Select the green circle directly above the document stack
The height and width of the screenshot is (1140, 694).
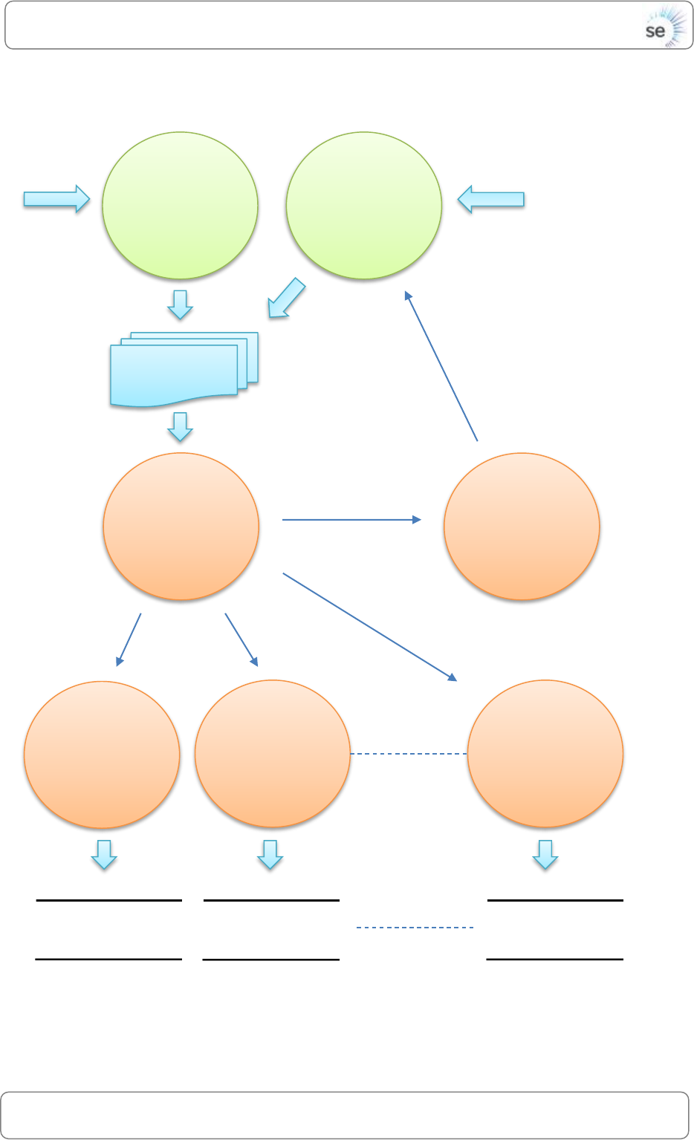tap(180, 206)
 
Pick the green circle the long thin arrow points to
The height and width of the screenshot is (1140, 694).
tap(364, 206)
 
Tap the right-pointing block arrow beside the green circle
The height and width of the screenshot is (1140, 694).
tap(56, 199)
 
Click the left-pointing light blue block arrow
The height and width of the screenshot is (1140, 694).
tap(490, 199)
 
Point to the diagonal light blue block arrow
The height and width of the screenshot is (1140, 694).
tap(286, 299)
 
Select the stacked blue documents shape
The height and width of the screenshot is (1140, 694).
tap(183, 369)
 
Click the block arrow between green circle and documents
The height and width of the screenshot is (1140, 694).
tap(180, 304)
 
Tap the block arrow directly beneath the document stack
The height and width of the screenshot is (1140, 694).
tap(180, 426)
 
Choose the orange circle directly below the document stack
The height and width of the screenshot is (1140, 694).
tap(181, 527)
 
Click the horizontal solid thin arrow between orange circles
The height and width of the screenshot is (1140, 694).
tap(351, 520)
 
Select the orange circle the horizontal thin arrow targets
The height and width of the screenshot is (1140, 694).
tap(522, 527)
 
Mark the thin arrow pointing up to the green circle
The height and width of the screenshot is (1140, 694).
tap(441, 366)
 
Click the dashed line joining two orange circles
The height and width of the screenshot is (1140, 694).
tap(409, 754)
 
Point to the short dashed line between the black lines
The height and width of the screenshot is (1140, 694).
tap(415, 928)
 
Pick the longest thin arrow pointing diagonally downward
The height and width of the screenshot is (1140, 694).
tap(369, 627)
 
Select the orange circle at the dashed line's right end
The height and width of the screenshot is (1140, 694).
tap(545, 754)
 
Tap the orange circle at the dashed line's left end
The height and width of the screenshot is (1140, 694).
tap(273, 754)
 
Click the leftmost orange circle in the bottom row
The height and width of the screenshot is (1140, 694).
tap(102, 755)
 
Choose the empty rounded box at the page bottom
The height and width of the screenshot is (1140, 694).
tap(345, 1115)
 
